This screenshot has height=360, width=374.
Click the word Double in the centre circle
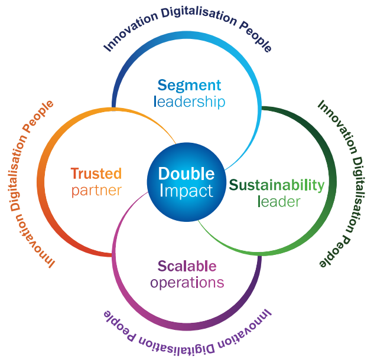186,174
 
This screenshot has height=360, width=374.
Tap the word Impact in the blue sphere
186,191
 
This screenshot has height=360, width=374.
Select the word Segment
190,86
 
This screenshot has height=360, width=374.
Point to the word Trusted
96,174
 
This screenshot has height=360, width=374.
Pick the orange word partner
96,191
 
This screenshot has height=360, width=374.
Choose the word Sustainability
277,185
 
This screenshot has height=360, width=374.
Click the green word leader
279,202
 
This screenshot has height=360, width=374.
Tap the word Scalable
187,266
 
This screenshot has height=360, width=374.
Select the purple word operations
187,282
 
